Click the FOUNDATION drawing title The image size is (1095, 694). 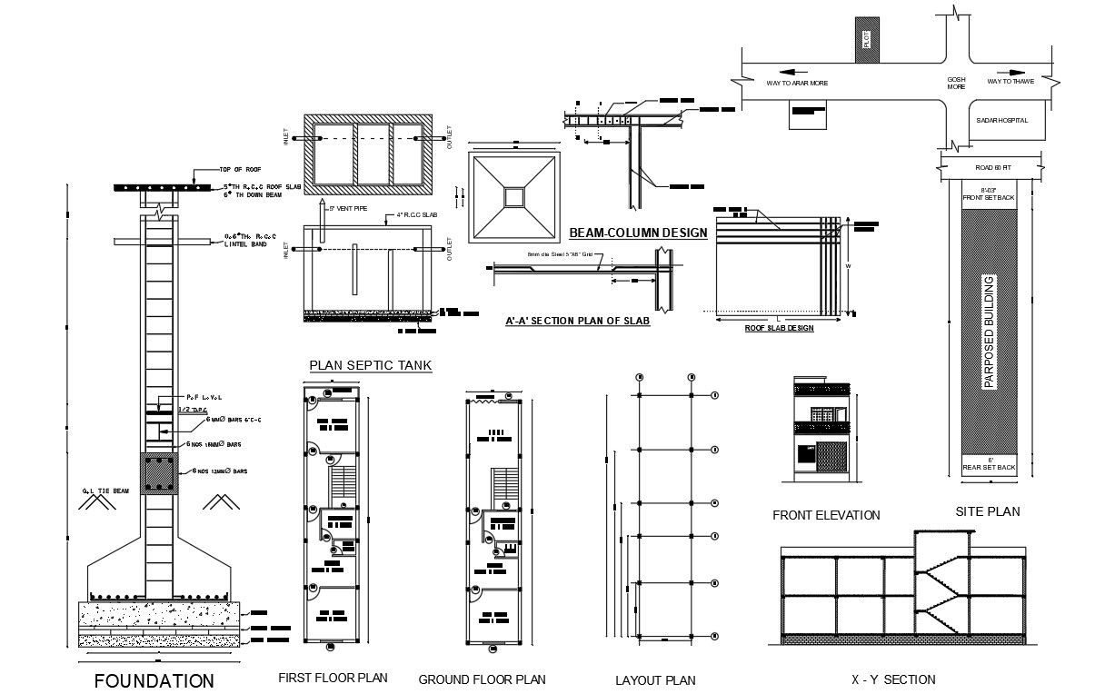[x=154, y=680]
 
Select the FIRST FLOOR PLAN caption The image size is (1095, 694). [x=333, y=678]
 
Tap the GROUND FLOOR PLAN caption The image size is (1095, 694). [x=482, y=679]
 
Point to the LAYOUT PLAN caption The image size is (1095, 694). [x=655, y=680]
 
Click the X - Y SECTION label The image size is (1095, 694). [x=892, y=679]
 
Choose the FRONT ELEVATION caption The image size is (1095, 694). [x=826, y=515]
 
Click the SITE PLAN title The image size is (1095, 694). [x=988, y=511]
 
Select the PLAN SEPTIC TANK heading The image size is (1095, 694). [x=371, y=365]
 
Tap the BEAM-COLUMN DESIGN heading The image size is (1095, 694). [x=638, y=233]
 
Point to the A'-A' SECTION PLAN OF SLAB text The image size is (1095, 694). [x=578, y=322]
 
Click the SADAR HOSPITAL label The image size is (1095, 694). [x=1002, y=120]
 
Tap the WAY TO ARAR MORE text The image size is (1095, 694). [x=797, y=83]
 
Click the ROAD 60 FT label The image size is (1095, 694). [x=993, y=168]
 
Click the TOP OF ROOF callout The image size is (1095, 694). [x=240, y=169]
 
